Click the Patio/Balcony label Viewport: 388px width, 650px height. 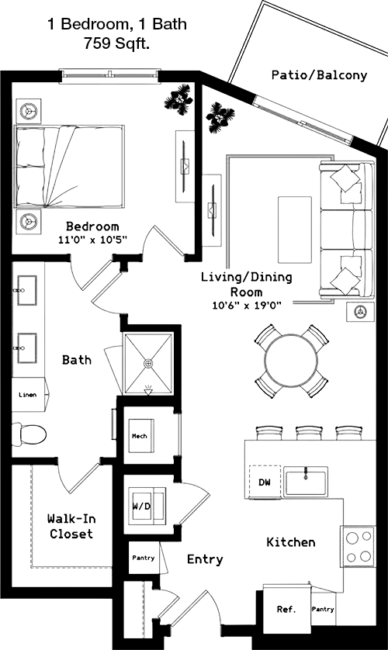319,75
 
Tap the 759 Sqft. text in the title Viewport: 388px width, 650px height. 116,43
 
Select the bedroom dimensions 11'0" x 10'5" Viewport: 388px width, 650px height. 92,239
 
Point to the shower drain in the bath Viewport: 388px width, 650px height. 148,363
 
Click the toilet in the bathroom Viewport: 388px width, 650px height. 29,434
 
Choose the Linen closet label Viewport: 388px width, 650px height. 28,395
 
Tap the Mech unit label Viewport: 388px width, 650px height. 139,436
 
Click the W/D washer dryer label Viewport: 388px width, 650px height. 141,507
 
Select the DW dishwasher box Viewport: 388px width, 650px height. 265,482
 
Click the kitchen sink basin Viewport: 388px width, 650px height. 307,481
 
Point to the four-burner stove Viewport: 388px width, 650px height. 359,546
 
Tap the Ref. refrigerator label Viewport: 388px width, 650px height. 286,609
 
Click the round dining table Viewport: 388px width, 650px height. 292,361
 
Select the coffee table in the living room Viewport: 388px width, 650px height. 295,230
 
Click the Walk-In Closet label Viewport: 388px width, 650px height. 71,526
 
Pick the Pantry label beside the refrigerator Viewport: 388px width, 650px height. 323,609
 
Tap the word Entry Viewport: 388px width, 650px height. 205,559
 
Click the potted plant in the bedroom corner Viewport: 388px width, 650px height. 178,99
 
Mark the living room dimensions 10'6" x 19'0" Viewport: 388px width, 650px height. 247,306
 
